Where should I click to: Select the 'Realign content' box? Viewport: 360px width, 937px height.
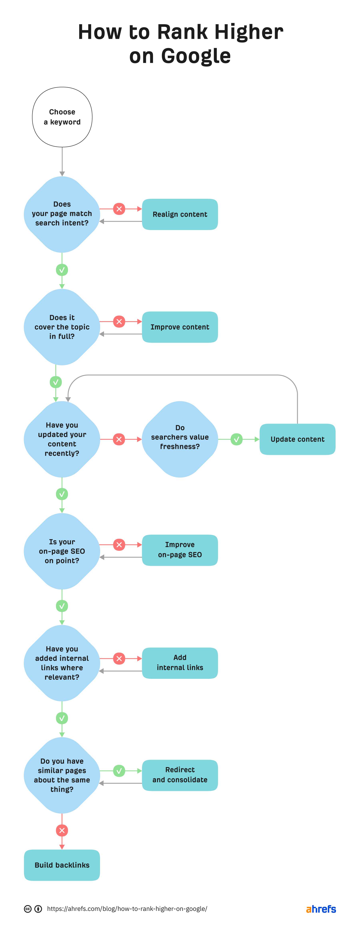[x=180, y=214]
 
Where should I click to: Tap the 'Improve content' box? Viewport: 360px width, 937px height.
[x=180, y=327]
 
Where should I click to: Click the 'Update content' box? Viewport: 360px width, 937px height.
[x=297, y=439]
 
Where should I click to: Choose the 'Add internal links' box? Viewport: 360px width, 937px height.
[x=180, y=663]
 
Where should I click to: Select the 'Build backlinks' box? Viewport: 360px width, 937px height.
[x=62, y=865]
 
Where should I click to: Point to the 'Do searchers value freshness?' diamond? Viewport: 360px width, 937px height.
[x=180, y=439]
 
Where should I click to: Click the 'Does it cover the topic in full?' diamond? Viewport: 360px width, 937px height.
[x=62, y=327]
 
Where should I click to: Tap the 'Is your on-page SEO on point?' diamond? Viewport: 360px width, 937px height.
[x=62, y=551]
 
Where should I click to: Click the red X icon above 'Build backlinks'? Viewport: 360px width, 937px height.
[x=62, y=830]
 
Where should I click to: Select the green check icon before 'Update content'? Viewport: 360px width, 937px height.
[x=236, y=439]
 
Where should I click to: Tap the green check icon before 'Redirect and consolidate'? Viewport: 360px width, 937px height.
[x=119, y=771]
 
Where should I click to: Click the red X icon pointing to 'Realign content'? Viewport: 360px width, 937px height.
[x=119, y=209]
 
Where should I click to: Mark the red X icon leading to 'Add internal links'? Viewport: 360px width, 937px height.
[x=119, y=658]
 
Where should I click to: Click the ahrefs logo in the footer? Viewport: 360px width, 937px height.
[x=321, y=909]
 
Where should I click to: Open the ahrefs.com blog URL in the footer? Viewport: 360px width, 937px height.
[x=127, y=909]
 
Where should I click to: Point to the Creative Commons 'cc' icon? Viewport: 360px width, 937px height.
[x=28, y=909]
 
